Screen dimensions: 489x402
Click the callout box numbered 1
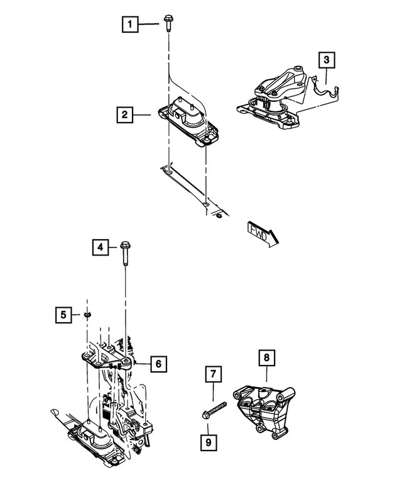[130, 25]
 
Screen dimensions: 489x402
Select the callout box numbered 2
[125, 115]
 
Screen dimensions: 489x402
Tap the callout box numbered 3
[326, 61]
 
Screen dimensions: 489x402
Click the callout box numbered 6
[158, 363]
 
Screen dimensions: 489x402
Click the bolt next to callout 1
[169, 23]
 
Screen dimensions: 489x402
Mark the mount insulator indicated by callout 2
[187, 120]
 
